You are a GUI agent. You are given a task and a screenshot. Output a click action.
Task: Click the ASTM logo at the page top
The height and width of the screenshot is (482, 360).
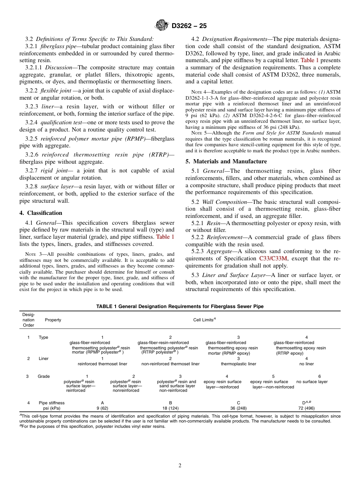tap(162, 26)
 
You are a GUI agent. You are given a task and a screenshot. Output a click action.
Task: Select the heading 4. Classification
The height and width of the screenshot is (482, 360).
tap(41, 213)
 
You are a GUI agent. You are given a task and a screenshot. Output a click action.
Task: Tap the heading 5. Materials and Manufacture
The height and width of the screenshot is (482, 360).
tap(226, 161)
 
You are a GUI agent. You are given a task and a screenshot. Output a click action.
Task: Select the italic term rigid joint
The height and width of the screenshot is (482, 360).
tap(53, 171)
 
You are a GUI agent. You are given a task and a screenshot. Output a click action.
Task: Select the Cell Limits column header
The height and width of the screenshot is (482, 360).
tap(204, 320)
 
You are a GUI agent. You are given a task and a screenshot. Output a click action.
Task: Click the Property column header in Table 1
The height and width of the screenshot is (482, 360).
tap(53, 320)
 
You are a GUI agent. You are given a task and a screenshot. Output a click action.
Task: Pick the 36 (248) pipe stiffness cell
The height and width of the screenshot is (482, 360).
tap(238, 408)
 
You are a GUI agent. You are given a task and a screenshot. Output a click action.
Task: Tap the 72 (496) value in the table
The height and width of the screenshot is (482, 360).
tap(307, 408)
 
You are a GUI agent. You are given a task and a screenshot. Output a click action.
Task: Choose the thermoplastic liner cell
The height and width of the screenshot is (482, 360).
tap(238, 364)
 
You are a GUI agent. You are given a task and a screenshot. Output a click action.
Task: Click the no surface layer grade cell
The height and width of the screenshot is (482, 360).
tap(312, 382)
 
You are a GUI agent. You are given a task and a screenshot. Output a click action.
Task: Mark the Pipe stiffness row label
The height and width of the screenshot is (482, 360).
tap(52, 403)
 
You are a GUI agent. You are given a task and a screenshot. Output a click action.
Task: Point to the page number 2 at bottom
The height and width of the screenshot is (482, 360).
tap(180, 466)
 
